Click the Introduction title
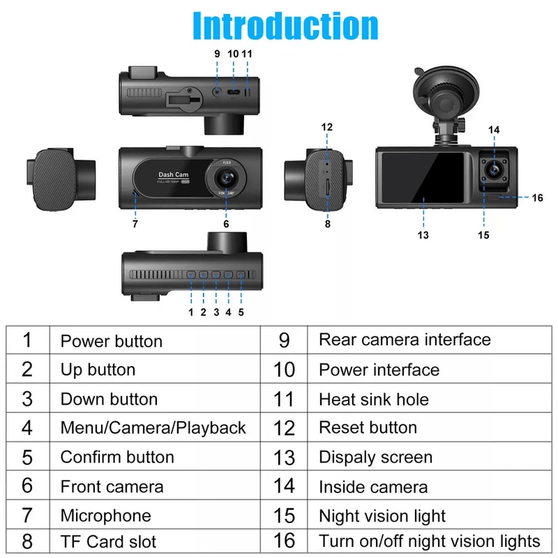pyautogui.click(x=285, y=26)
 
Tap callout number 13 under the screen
pyautogui.click(x=423, y=234)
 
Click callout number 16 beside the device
pyautogui.click(x=537, y=198)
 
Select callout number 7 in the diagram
pyautogui.click(x=135, y=224)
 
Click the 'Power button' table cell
pyautogui.click(x=112, y=341)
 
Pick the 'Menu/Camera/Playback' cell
pyautogui.click(x=153, y=428)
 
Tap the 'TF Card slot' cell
pyautogui.click(x=108, y=541)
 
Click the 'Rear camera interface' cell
pyautogui.click(x=405, y=340)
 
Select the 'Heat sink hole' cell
pyautogui.click(x=374, y=400)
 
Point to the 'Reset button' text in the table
pyautogui.click(x=368, y=428)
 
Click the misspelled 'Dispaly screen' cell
pyautogui.click(x=375, y=458)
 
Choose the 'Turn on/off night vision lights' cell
pyautogui.click(x=429, y=541)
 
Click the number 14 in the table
pyautogui.click(x=284, y=487)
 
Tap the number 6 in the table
pyautogui.click(x=27, y=486)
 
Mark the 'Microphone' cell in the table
pyautogui.click(x=105, y=516)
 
